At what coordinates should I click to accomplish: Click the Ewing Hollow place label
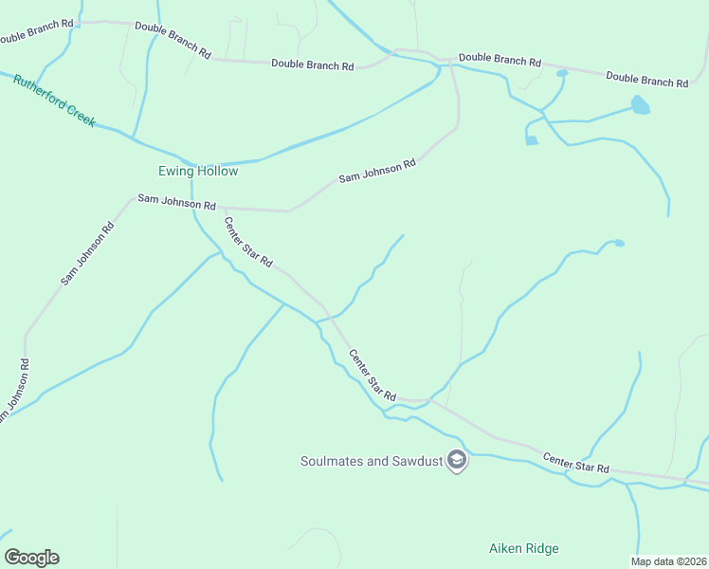[198, 172]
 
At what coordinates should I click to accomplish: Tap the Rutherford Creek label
[54, 101]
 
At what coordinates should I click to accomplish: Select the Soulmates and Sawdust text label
[373, 461]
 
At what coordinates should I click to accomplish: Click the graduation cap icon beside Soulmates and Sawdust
[457, 461]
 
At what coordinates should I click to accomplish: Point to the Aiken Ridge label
[523, 548]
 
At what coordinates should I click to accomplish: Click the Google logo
[31, 558]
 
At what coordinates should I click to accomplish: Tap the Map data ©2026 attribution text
[668, 561]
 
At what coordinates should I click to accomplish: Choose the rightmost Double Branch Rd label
[646, 80]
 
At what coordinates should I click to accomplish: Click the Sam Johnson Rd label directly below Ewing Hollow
[177, 202]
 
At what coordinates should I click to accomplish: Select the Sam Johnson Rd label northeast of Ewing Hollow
[377, 171]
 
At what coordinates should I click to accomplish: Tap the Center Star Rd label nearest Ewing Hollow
[248, 242]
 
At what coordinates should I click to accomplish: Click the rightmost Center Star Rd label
[575, 464]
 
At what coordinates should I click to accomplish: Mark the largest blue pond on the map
[641, 104]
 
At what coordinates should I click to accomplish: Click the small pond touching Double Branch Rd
[562, 73]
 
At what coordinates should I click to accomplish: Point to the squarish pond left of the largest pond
[532, 140]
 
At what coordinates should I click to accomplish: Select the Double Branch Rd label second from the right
[500, 60]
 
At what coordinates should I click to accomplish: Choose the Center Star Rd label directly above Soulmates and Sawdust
[372, 374]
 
